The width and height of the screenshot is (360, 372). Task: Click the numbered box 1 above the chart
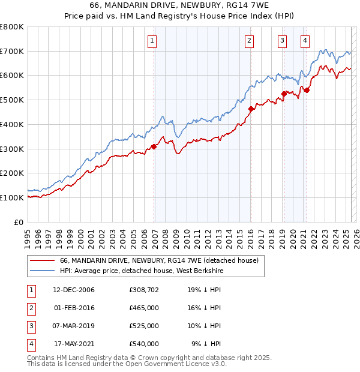coord(152,41)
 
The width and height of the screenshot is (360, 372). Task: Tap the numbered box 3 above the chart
coord(282,41)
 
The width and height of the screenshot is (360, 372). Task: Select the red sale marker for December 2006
coord(154,146)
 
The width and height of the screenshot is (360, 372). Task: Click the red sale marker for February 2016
coord(251,109)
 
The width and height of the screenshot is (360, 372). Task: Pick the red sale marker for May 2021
coord(307,90)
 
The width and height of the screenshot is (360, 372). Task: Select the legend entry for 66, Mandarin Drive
coord(159,261)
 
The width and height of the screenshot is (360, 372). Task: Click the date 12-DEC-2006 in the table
coord(74,290)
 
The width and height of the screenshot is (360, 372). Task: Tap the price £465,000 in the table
coord(144,308)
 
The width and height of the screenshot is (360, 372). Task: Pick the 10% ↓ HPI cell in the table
coord(205,326)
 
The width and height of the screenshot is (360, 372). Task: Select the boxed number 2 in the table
coord(29,308)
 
